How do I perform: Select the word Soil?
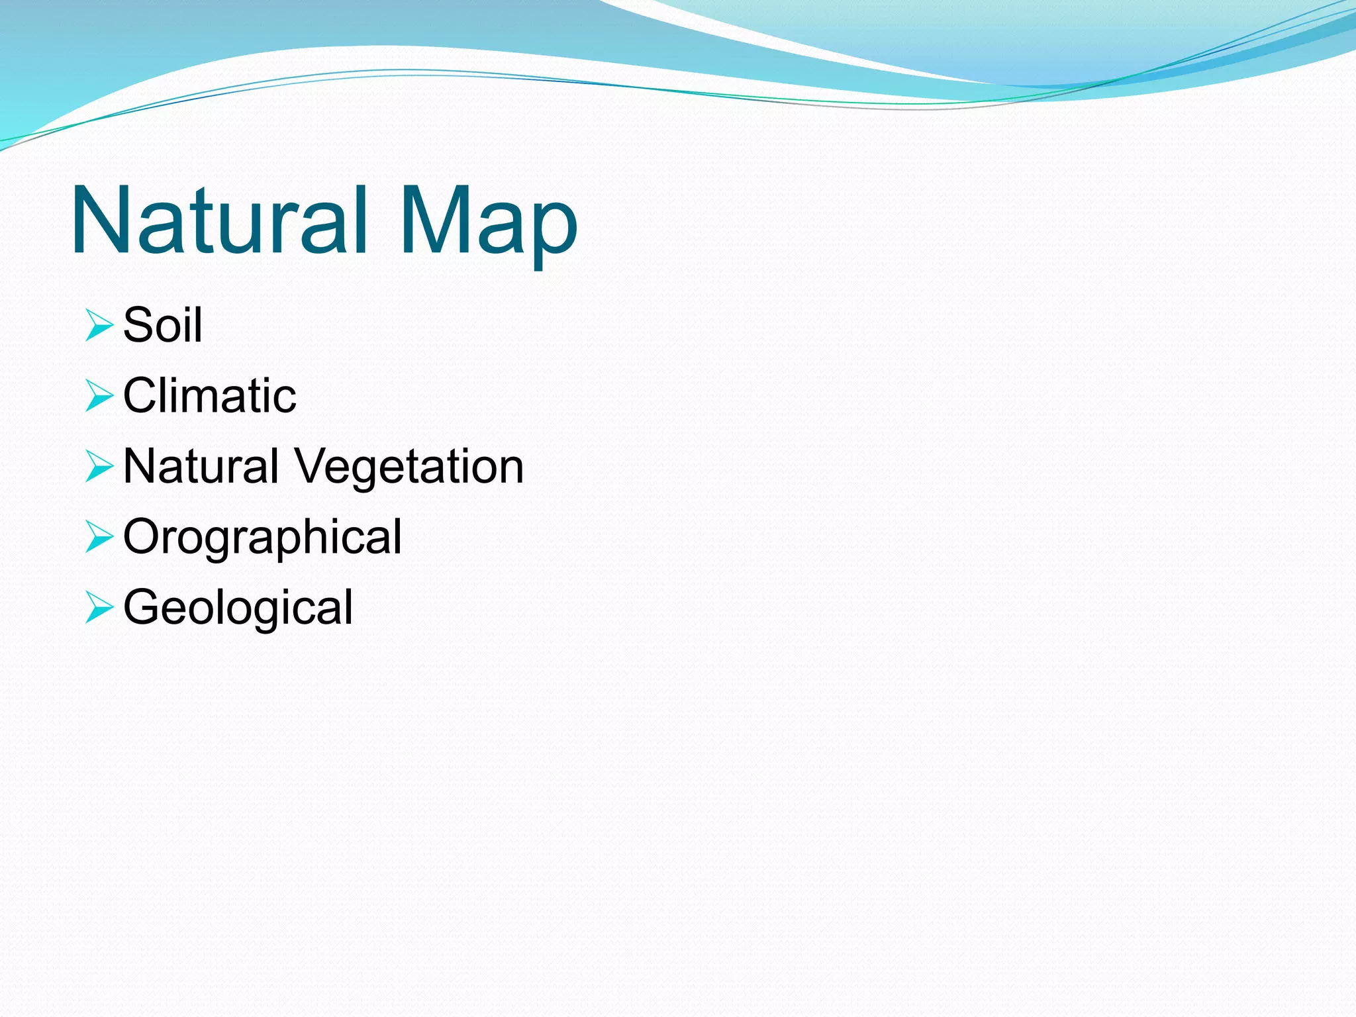pyautogui.click(x=163, y=325)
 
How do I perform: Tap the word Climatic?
pyautogui.click(x=210, y=395)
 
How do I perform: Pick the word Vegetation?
pyautogui.click(x=409, y=467)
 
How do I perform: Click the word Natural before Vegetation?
pyautogui.click(x=201, y=466)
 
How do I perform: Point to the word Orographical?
pyautogui.click(x=262, y=538)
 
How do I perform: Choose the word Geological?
pyautogui.click(x=238, y=608)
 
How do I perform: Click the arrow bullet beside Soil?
pyautogui.click(x=99, y=326)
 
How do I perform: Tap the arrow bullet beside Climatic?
pyautogui.click(x=99, y=396)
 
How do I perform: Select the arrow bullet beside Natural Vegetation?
pyautogui.click(x=99, y=467)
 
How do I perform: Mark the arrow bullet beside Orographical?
pyautogui.click(x=99, y=537)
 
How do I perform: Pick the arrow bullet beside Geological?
pyautogui.click(x=99, y=608)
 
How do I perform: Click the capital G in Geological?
pyautogui.click(x=143, y=606)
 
